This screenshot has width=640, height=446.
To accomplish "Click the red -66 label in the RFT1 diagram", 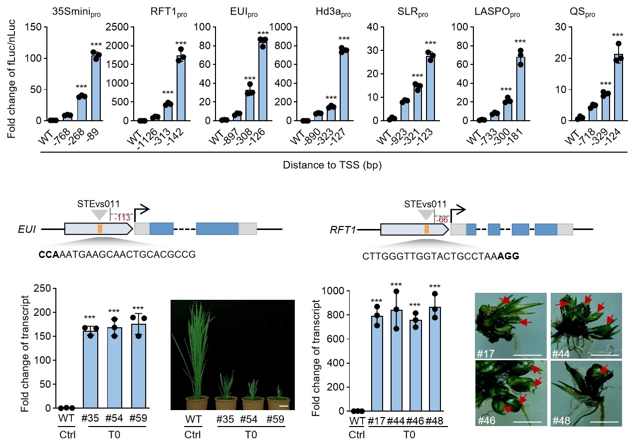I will (x=441, y=219).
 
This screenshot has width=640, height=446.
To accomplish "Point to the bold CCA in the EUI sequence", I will (x=49, y=254).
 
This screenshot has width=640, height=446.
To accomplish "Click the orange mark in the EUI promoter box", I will (x=100, y=229).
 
